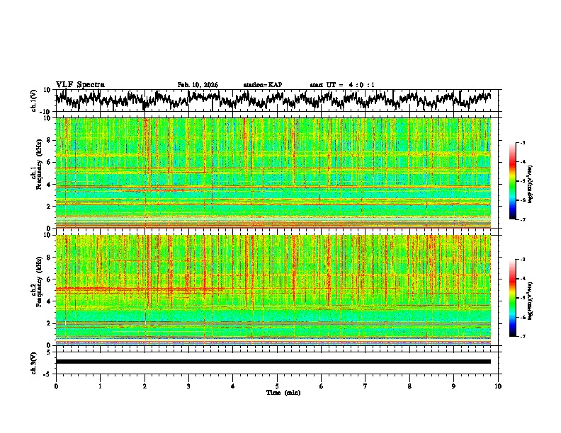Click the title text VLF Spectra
pyautogui.click(x=80, y=84)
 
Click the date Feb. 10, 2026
pyautogui.click(x=198, y=85)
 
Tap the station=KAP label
pyautogui.click(x=262, y=85)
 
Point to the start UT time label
pyautogui.click(x=342, y=85)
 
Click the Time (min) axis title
pyautogui.click(x=283, y=392)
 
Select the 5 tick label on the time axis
pyautogui.click(x=277, y=386)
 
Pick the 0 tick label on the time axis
pyautogui.click(x=56, y=386)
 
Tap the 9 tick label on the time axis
pyautogui.click(x=454, y=386)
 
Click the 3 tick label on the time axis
pyautogui.click(x=188, y=386)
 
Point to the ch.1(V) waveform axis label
pyautogui.click(x=34, y=100)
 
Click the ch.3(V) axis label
pyautogui.click(x=34, y=362)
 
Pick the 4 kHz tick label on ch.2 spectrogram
pyautogui.click(x=50, y=301)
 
